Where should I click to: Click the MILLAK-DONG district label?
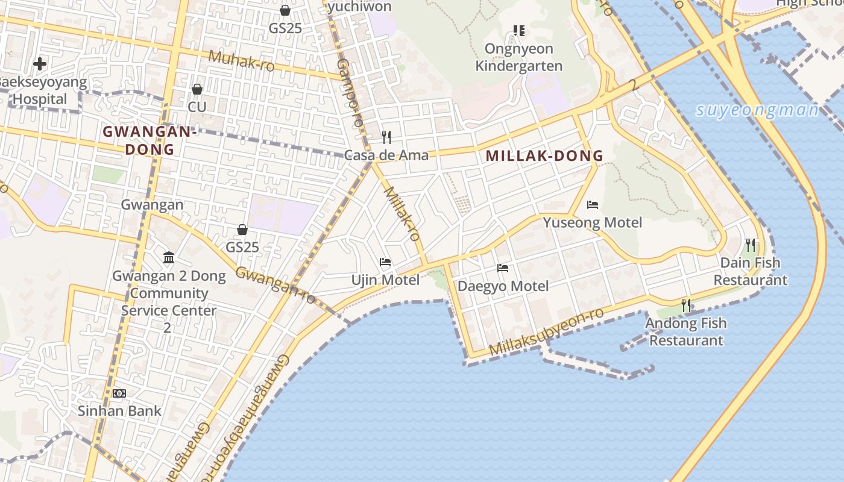tap(544, 155)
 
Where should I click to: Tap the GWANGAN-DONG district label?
tap(150, 140)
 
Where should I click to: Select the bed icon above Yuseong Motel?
tap(593, 205)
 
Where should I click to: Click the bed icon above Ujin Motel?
tap(385, 262)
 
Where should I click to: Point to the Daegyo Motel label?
tap(503, 286)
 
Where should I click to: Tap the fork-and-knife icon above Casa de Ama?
tap(386, 137)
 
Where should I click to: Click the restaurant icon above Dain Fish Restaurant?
tap(751, 245)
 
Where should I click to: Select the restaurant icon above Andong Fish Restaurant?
tap(686, 305)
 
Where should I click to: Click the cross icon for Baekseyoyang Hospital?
tap(40, 63)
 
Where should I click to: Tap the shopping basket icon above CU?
tap(197, 89)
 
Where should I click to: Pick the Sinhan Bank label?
tap(119, 411)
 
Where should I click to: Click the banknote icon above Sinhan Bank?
tap(119, 393)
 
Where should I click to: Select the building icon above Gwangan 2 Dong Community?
tap(169, 258)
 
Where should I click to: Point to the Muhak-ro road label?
tap(241, 60)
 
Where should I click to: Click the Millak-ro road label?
tap(402, 213)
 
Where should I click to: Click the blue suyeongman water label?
tap(757, 110)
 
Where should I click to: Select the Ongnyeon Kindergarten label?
tap(518, 57)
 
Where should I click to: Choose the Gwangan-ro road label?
tap(276, 284)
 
